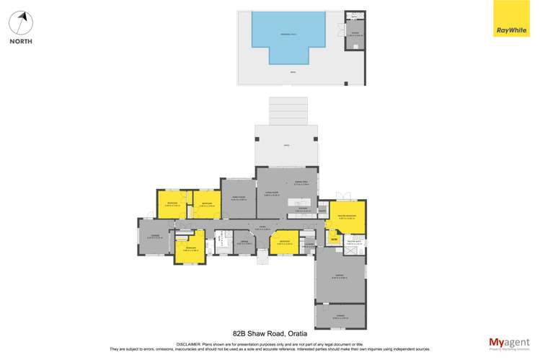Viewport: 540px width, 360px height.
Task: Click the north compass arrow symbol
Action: point(22,22)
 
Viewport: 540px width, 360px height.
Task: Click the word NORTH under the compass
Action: point(21,41)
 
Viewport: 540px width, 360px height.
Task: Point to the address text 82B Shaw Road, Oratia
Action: point(269,333)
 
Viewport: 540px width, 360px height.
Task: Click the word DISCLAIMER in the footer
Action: point(189,344)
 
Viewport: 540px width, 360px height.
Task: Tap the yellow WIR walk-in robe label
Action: point(335,238)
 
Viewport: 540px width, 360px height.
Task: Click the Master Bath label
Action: point(354,243)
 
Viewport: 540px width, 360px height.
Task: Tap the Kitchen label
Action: point(302,211)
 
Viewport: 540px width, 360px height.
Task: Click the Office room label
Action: point(245,243)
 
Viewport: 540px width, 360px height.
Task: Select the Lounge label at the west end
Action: point(154,237)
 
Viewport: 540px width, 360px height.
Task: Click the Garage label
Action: point(340,276)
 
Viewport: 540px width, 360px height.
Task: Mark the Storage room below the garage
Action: point(340,317)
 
